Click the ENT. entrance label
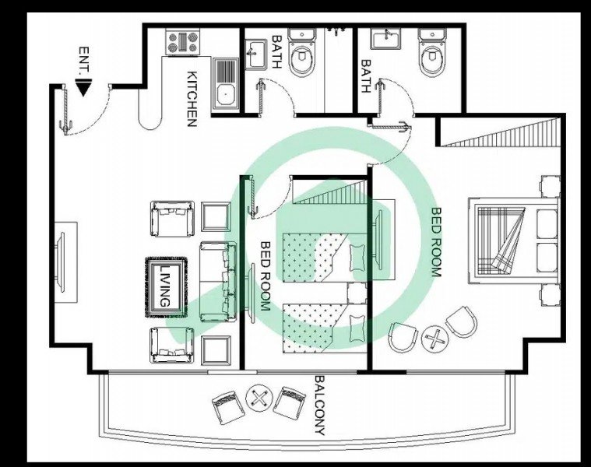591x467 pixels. [x=84, y=61]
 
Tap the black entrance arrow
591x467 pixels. [x=83, y=87]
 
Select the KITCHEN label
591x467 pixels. [x=192, y=99]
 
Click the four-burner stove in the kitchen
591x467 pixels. [x=183, y=42]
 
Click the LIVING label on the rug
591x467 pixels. [x=165, y=286]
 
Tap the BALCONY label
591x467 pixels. [x=320, y=405]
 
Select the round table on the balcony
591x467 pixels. [x=259, y=398]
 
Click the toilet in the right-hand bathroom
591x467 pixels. [x=432, y=54]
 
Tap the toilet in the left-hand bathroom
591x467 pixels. [x=301, y=53]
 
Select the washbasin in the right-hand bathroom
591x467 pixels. [x=386, y=38]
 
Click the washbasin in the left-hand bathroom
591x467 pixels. [x=256, y=54]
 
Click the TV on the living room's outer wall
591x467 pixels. [x=60, y=262]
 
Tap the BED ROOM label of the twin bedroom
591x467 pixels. [x=266, y=276]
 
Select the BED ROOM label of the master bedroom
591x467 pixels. [x=436, y=242]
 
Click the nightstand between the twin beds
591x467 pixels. [x=357, y=293]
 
